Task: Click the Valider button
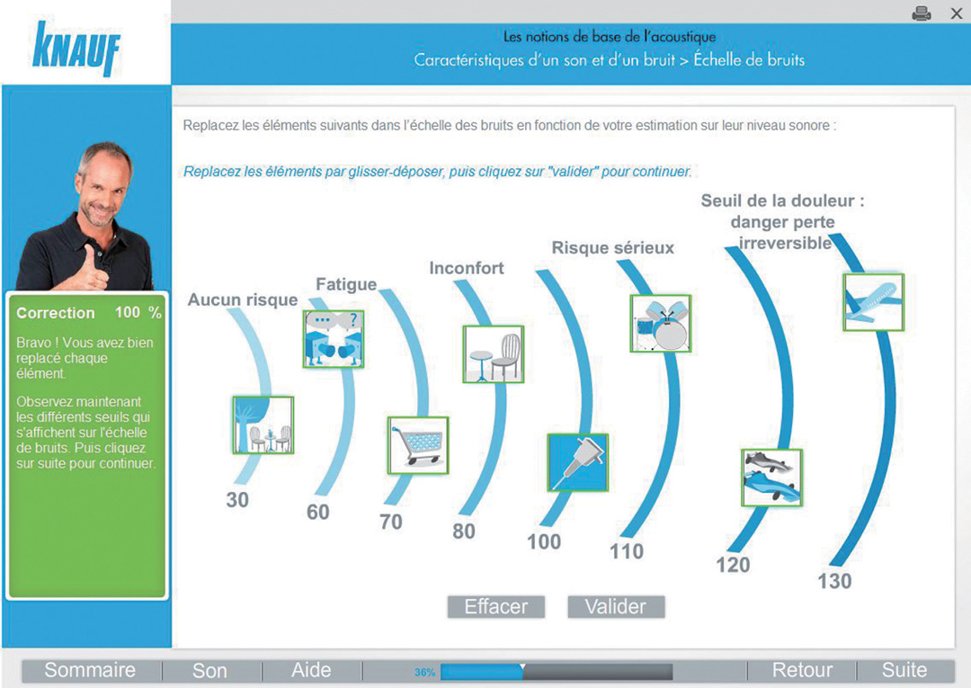tap(616, 607)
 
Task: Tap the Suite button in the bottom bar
tap(904, 670)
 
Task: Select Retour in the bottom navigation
tap(802, 670)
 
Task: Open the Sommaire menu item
tap(91, 670)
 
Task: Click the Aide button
tap(311, 670)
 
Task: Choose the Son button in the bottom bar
tap(209, 671)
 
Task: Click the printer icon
tap(922, 13)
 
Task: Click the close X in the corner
tap(956, 13)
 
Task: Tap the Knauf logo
tap(76, 49)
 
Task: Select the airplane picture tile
tap(874, 302)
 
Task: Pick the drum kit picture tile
tap(660, 323)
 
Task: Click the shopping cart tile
tap(418, 445)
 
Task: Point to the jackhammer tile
tap(578, 462)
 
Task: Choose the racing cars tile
tap(771, 478)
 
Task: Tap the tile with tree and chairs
tap(263, 424)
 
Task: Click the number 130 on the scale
tap(834, 581)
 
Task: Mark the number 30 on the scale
tap(237, 500)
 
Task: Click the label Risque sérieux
tap(613, 247)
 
